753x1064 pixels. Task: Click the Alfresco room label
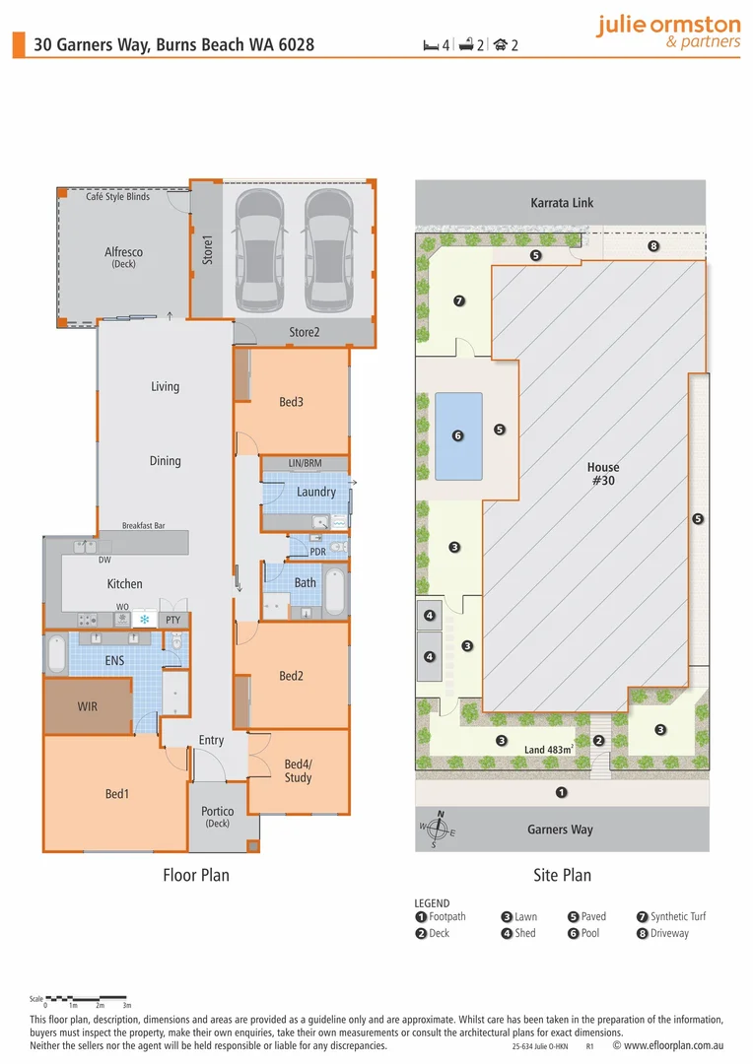123,252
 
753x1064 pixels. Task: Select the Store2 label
304,333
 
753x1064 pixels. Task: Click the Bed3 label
291,402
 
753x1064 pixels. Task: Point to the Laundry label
315,492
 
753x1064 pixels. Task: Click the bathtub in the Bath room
336,590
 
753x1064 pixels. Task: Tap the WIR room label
88,707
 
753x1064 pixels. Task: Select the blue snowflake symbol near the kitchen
145,620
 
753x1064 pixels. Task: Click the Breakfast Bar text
143,526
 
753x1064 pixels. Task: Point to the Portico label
217,812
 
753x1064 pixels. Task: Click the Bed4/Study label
298,770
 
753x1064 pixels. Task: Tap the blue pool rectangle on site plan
458,436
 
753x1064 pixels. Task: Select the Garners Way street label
560,830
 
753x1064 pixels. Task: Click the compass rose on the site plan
441,831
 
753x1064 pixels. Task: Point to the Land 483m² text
549,750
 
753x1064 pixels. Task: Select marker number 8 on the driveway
652,245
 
